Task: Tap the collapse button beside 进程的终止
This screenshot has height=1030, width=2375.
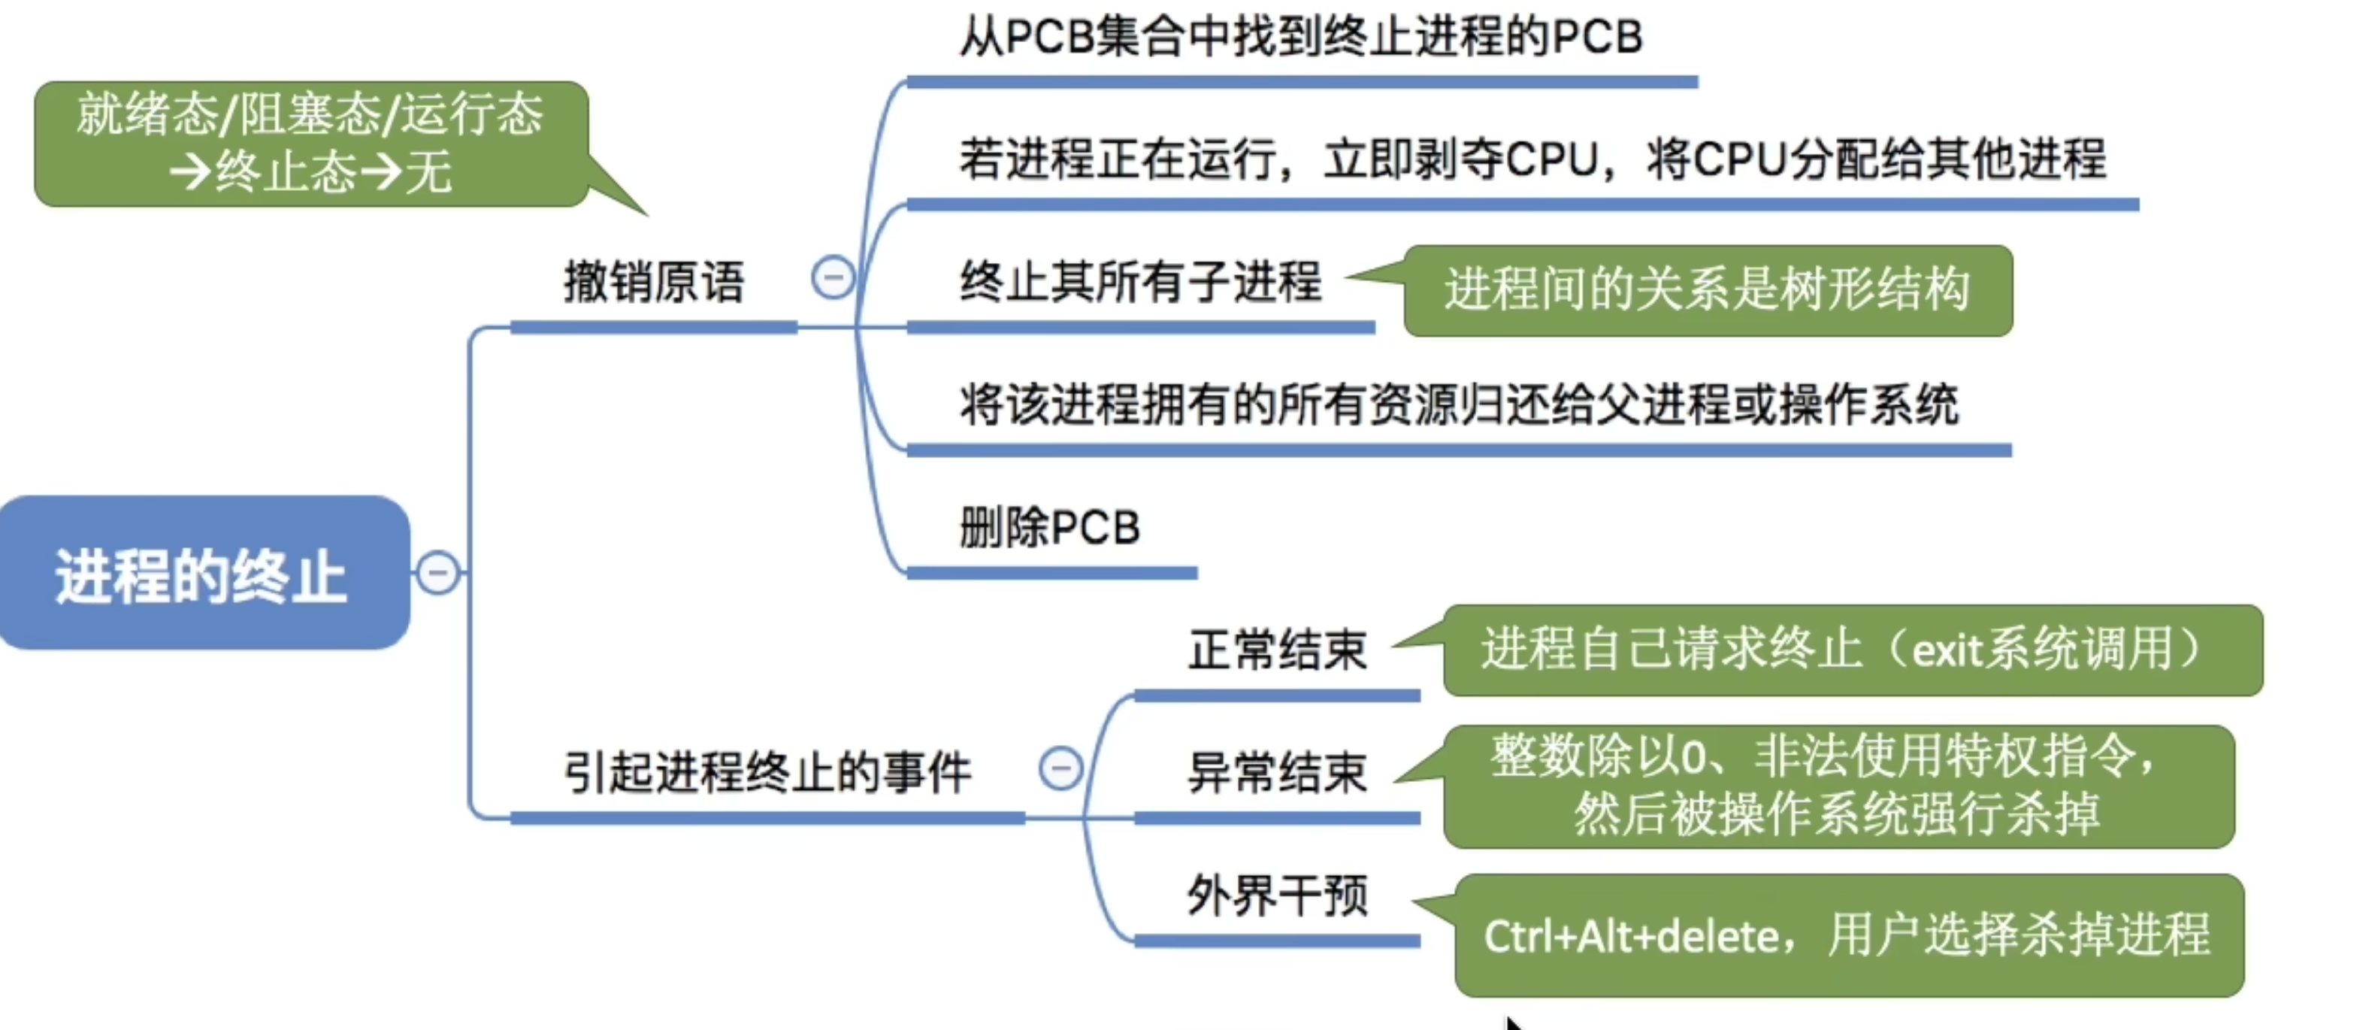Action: click(438, 573)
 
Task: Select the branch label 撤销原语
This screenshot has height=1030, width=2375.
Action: click(654, 282)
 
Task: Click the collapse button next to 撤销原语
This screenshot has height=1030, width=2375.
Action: click(833, 277)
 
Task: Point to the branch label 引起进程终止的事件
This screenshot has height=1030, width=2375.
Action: click(767, 773)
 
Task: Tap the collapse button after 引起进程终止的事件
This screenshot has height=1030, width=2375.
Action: click(1060, 768)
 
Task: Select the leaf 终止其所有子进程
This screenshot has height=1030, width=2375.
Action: click(1140, 282)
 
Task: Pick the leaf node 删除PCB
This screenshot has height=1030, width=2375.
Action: click(1049, 529)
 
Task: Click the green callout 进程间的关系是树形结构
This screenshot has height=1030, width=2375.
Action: click(1707, 289)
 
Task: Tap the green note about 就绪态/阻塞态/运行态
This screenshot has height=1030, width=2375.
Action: click(310, 144)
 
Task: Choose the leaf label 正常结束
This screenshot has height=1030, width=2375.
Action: click(1277, 650)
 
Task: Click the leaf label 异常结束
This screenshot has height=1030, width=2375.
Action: click(1277, 773)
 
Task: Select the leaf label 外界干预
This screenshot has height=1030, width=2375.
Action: click(1277, 895)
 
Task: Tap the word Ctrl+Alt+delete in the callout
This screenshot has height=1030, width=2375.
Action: click(1631, 937)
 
